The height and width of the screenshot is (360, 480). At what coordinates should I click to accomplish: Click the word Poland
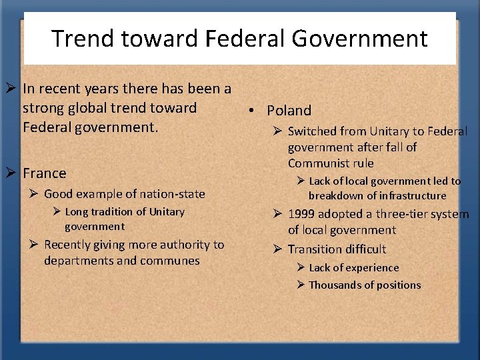289,111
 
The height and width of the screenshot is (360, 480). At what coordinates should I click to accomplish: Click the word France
45,173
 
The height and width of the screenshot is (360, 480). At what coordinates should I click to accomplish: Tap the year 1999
303,215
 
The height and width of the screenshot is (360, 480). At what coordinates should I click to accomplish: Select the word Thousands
336,285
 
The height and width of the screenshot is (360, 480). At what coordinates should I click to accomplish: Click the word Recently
68,245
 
